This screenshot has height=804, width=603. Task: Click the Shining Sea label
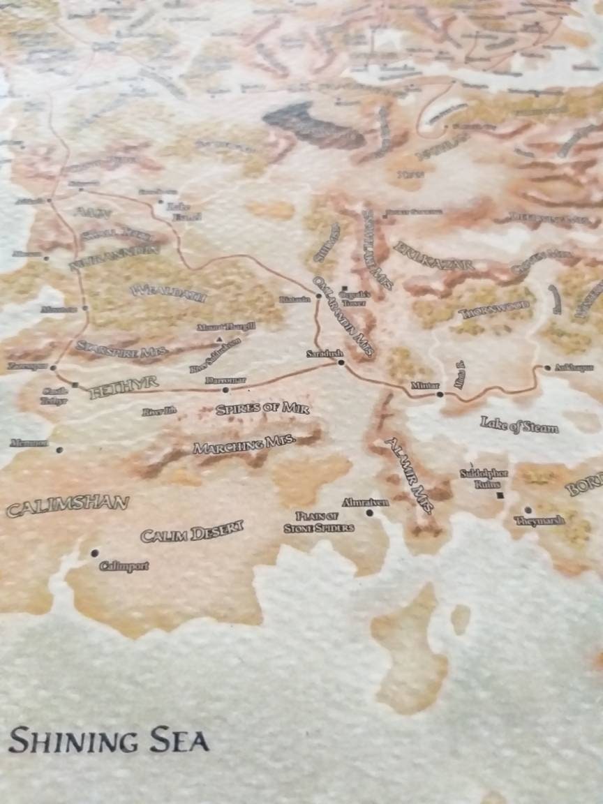(x=109, y=740)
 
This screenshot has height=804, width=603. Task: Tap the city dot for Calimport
(x=94, y=553)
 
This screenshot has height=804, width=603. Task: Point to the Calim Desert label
(x=192, y=532)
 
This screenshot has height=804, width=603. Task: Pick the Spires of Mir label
(x=262, y=408)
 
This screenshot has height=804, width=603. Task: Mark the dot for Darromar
(x=225, y=390)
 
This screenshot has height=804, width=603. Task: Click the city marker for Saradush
(x=341, y=363)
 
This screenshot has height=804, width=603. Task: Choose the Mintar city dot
(x=440, y=395)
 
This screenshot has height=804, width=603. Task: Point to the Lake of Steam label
(x=519, y=425)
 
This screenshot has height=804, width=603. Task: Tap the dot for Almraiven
(x=369, y=513)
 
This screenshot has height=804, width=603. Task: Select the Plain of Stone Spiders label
(x=319, y=522)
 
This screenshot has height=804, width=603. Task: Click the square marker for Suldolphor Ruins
(x=500, y=496)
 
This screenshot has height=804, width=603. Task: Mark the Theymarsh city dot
(x=528, y=510)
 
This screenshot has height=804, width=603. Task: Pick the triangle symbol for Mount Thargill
(x=219, y=339)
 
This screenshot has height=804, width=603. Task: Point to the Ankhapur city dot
(x=548, y=368)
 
